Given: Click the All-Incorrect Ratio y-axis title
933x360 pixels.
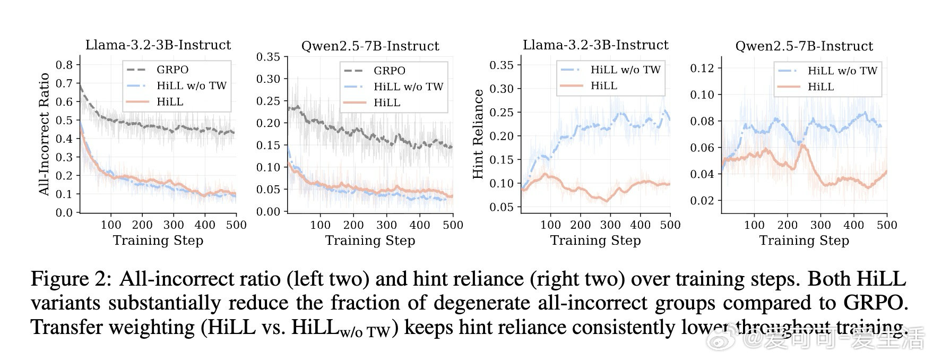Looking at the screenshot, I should (44, 134).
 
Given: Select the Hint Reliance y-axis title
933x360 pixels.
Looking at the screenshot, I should (478, 134).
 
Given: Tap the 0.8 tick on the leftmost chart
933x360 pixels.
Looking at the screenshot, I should (64, 65).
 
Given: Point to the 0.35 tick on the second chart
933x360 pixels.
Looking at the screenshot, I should (268, 57).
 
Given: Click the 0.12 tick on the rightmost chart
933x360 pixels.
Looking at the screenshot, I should (702, 68).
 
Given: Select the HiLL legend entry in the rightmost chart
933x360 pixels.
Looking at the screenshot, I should (820, 87).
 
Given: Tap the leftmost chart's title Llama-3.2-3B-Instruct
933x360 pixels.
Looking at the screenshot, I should (158, 45).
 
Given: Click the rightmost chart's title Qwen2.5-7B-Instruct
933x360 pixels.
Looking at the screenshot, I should (804, 46).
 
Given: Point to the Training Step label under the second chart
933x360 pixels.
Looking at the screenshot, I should (370, 241).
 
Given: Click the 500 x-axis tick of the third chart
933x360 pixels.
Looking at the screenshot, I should (670, 225).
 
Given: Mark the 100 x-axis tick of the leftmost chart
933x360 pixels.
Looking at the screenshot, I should (111, 225).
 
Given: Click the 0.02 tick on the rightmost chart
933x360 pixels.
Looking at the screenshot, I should (702, 201).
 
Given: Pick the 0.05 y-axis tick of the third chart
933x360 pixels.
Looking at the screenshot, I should (501, 207).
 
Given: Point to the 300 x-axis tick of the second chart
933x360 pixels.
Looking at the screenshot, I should (386, 225).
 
